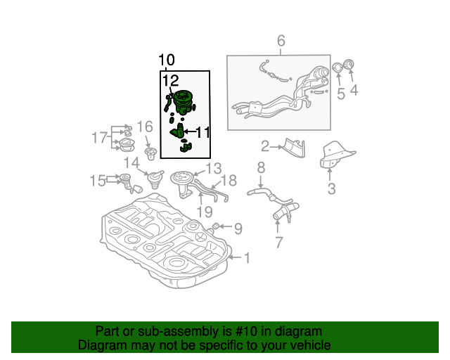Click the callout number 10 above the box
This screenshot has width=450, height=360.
(167, 60)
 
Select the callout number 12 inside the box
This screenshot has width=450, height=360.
(170, 81)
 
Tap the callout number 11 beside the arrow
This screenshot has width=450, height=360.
(202, 131)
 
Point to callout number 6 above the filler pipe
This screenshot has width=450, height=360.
(281, 41)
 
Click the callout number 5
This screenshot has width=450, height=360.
(340, 92)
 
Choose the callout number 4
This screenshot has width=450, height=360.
(354, 90)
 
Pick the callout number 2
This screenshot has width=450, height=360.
(265, 147)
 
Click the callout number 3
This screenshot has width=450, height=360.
(331, 188)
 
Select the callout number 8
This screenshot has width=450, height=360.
(260, 167)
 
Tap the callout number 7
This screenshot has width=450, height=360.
(278, 243)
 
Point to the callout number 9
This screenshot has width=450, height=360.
(238, 228)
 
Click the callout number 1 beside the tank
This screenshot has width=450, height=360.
(246, 259)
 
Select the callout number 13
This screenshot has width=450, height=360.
(213, 168)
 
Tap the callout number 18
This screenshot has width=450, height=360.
(230, 181)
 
